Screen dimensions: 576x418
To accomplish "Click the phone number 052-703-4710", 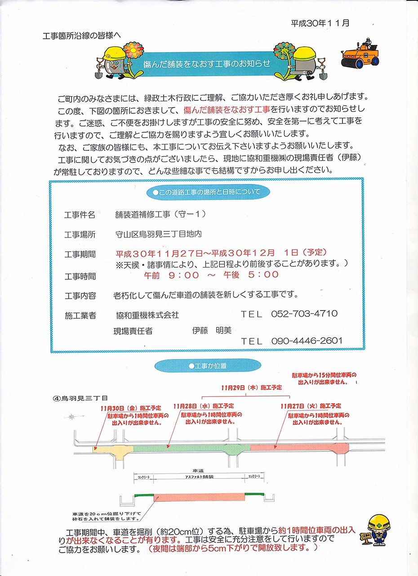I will [x=304, y=314].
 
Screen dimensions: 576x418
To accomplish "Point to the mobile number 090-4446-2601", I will [x=307, y=341].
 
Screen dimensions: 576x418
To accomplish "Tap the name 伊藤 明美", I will [x=212, y=330].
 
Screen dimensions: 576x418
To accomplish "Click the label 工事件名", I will [x=80, y=215].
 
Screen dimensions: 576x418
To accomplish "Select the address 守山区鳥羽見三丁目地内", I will [x=159, y=234].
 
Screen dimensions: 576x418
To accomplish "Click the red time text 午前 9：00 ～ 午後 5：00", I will [x=211, y=274].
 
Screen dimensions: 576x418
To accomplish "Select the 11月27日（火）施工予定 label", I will [x=311, y=406].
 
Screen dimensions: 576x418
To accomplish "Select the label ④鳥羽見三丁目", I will [x=80, y=398].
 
